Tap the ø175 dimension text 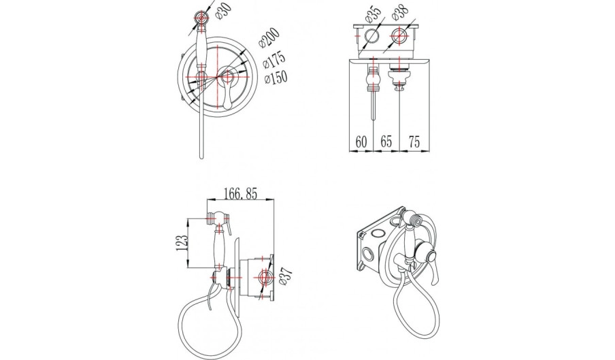274,61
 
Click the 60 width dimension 361,142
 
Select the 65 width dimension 386,142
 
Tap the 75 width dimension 414,142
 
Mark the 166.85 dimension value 240,194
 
